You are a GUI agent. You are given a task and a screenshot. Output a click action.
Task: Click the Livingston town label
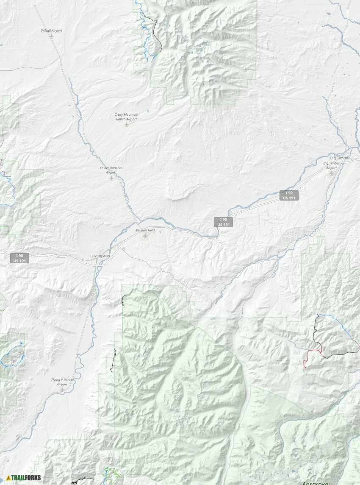101,256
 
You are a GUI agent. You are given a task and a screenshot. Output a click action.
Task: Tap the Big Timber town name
340,158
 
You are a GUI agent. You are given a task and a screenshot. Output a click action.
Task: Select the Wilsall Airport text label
51,31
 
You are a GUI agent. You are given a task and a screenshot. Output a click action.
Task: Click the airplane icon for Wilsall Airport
52,36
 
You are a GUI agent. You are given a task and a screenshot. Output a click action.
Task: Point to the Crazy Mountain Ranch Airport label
126,117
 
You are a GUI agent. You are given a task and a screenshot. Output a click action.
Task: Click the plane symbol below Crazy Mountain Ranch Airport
126,125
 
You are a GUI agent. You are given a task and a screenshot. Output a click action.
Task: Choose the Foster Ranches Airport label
111,170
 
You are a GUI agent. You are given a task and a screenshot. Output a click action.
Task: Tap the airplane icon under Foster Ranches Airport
111,178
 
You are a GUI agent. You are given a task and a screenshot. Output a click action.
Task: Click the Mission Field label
145,230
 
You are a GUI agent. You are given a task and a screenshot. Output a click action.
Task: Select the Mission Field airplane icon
146,236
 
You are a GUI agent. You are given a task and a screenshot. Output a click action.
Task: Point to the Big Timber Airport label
332,165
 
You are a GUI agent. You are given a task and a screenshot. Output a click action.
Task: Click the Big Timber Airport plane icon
332,173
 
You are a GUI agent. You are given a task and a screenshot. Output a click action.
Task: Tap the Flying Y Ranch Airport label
62,382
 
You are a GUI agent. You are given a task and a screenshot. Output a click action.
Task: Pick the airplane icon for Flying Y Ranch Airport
62,390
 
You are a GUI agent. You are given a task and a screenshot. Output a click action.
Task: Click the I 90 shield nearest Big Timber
289,195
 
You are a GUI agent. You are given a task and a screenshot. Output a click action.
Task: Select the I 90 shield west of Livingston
20,258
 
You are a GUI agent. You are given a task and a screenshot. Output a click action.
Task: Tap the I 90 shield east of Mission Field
223,222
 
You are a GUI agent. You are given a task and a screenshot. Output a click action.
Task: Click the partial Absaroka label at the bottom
316,482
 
